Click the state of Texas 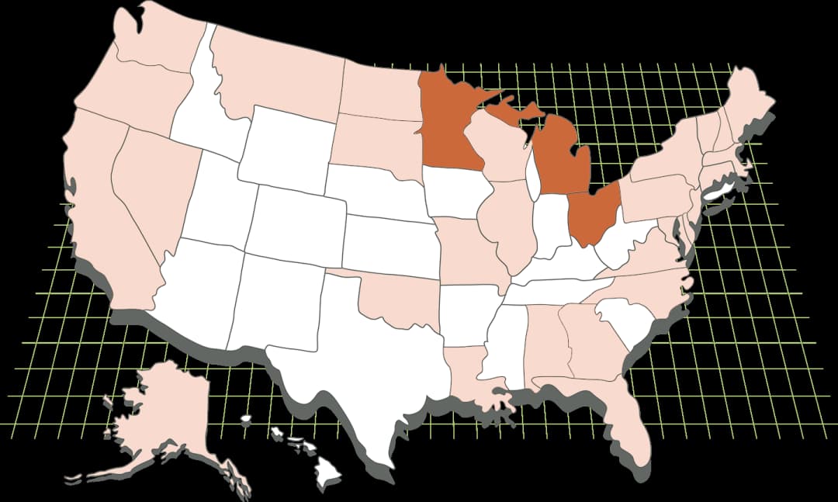click(x=365, y=365)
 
